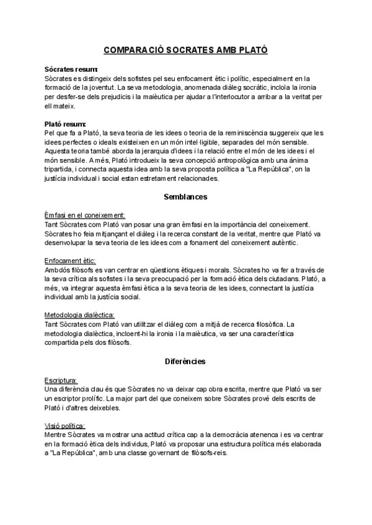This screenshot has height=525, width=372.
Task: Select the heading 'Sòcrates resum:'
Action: coord(72,70)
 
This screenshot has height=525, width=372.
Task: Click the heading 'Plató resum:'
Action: coord(66,124)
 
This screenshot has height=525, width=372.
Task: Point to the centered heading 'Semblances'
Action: coord(186,197)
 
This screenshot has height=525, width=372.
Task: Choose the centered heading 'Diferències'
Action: coord(186,360)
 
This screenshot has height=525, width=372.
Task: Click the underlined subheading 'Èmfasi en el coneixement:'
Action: coord(85,215)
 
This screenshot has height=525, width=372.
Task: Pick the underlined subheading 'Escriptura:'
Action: coord(61,379)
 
